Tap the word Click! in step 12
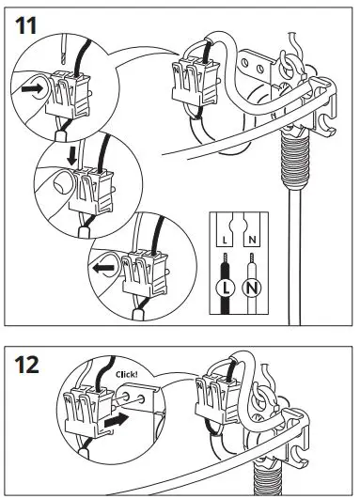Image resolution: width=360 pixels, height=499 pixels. point(127,373)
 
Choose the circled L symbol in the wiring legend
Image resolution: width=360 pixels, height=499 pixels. point(226,285)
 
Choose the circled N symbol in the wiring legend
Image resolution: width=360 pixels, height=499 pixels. point(253,286)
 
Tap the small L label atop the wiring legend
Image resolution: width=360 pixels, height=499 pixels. point(226,241)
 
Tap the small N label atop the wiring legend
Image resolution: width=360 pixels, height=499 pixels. point(252,241)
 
